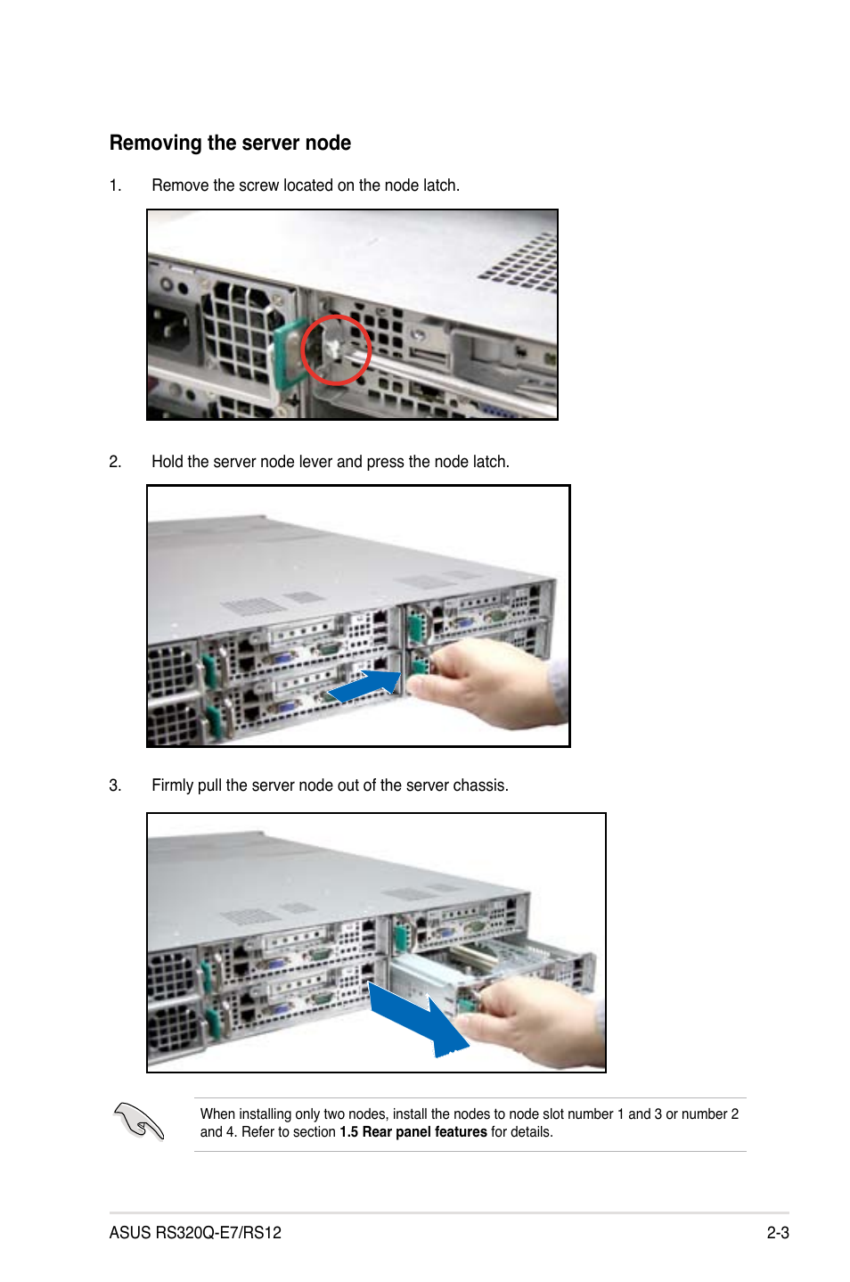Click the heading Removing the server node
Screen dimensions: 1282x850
tap(230, 144)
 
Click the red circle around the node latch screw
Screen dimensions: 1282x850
tap(336, 349)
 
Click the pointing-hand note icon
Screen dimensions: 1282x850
tap(139, 1122)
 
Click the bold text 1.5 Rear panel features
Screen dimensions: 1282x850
tap(413, 1132)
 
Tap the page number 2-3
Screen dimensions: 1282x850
tap(777, 1233)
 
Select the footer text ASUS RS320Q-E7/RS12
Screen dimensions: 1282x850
tap(195, 1233)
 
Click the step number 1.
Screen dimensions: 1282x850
tap(115, 185)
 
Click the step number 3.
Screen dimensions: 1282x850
tap(115, 785)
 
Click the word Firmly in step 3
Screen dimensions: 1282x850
tap(173, 785)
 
